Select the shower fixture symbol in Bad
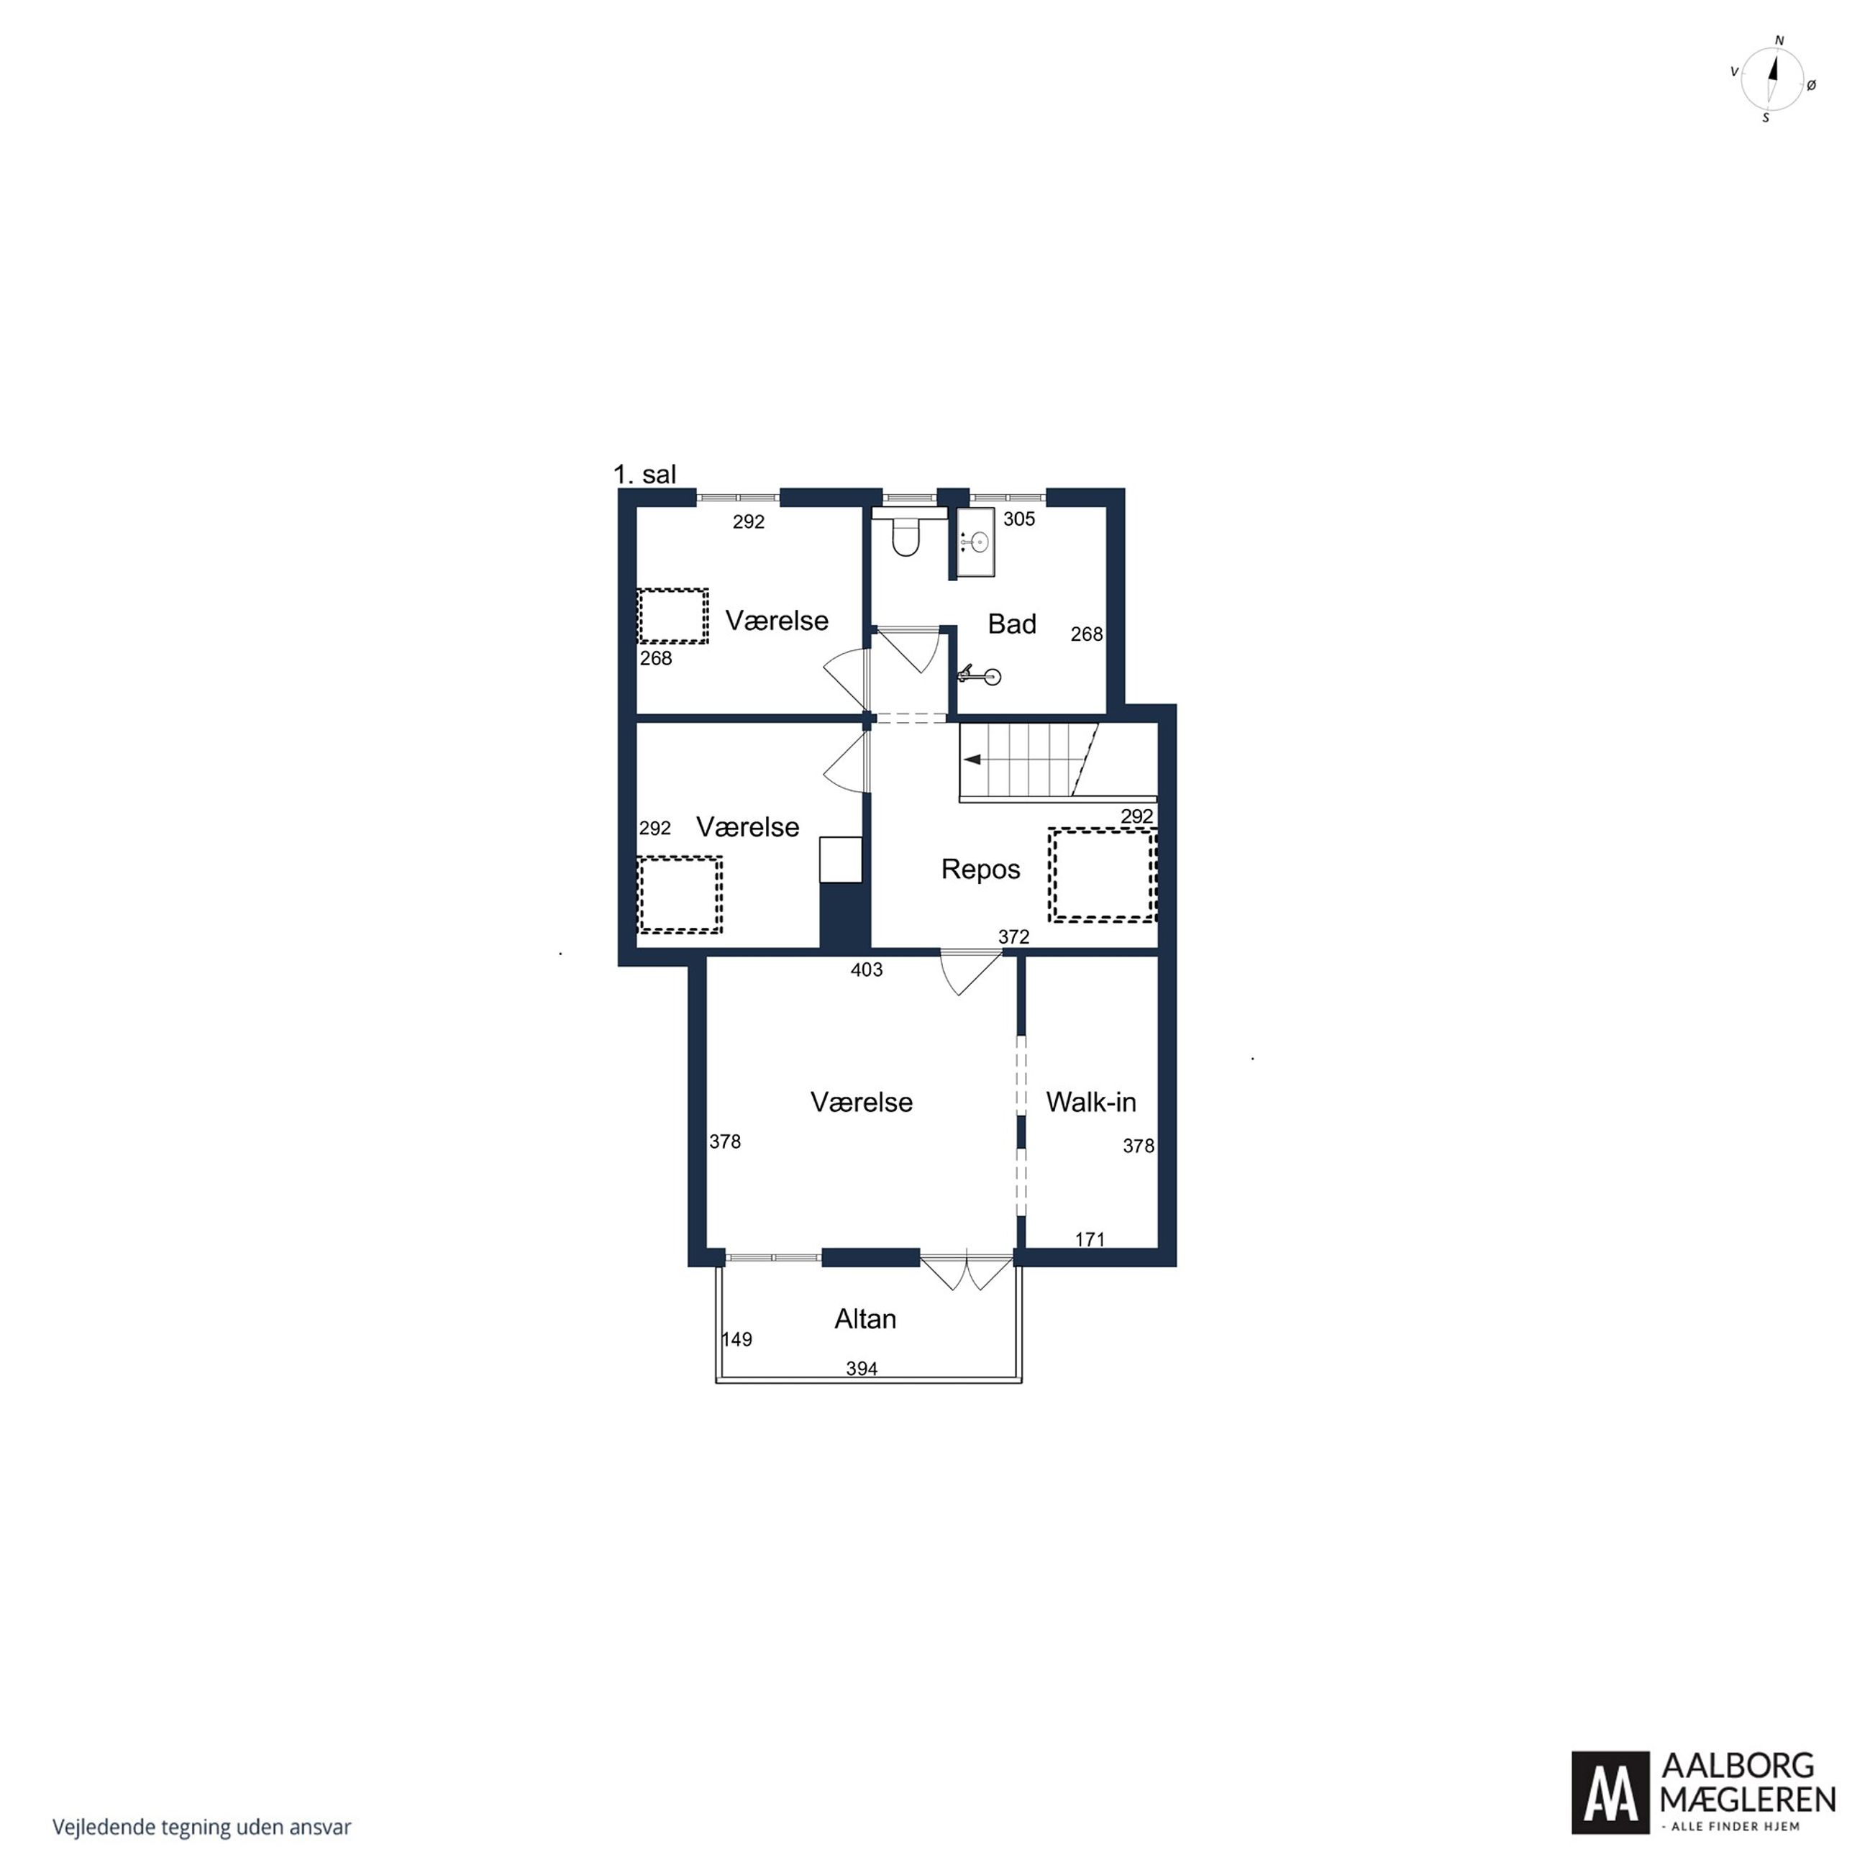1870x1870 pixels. coord(980,675)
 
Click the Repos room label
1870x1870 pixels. coord(980,869)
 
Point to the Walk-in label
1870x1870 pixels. coord(1091,1101)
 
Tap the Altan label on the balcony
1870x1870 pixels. coord(865,1318)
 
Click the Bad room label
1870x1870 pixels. coord(1011,624)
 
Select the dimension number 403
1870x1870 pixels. coord(866,970)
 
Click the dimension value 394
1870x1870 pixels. coord(862,1369)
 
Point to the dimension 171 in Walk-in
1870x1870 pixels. coord(1090,1239)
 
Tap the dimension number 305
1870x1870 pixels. coord(1019,519)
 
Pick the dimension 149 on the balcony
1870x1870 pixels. coord(736,1340)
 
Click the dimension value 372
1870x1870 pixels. coord(1013,937)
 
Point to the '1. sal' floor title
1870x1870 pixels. coord(644,474)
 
